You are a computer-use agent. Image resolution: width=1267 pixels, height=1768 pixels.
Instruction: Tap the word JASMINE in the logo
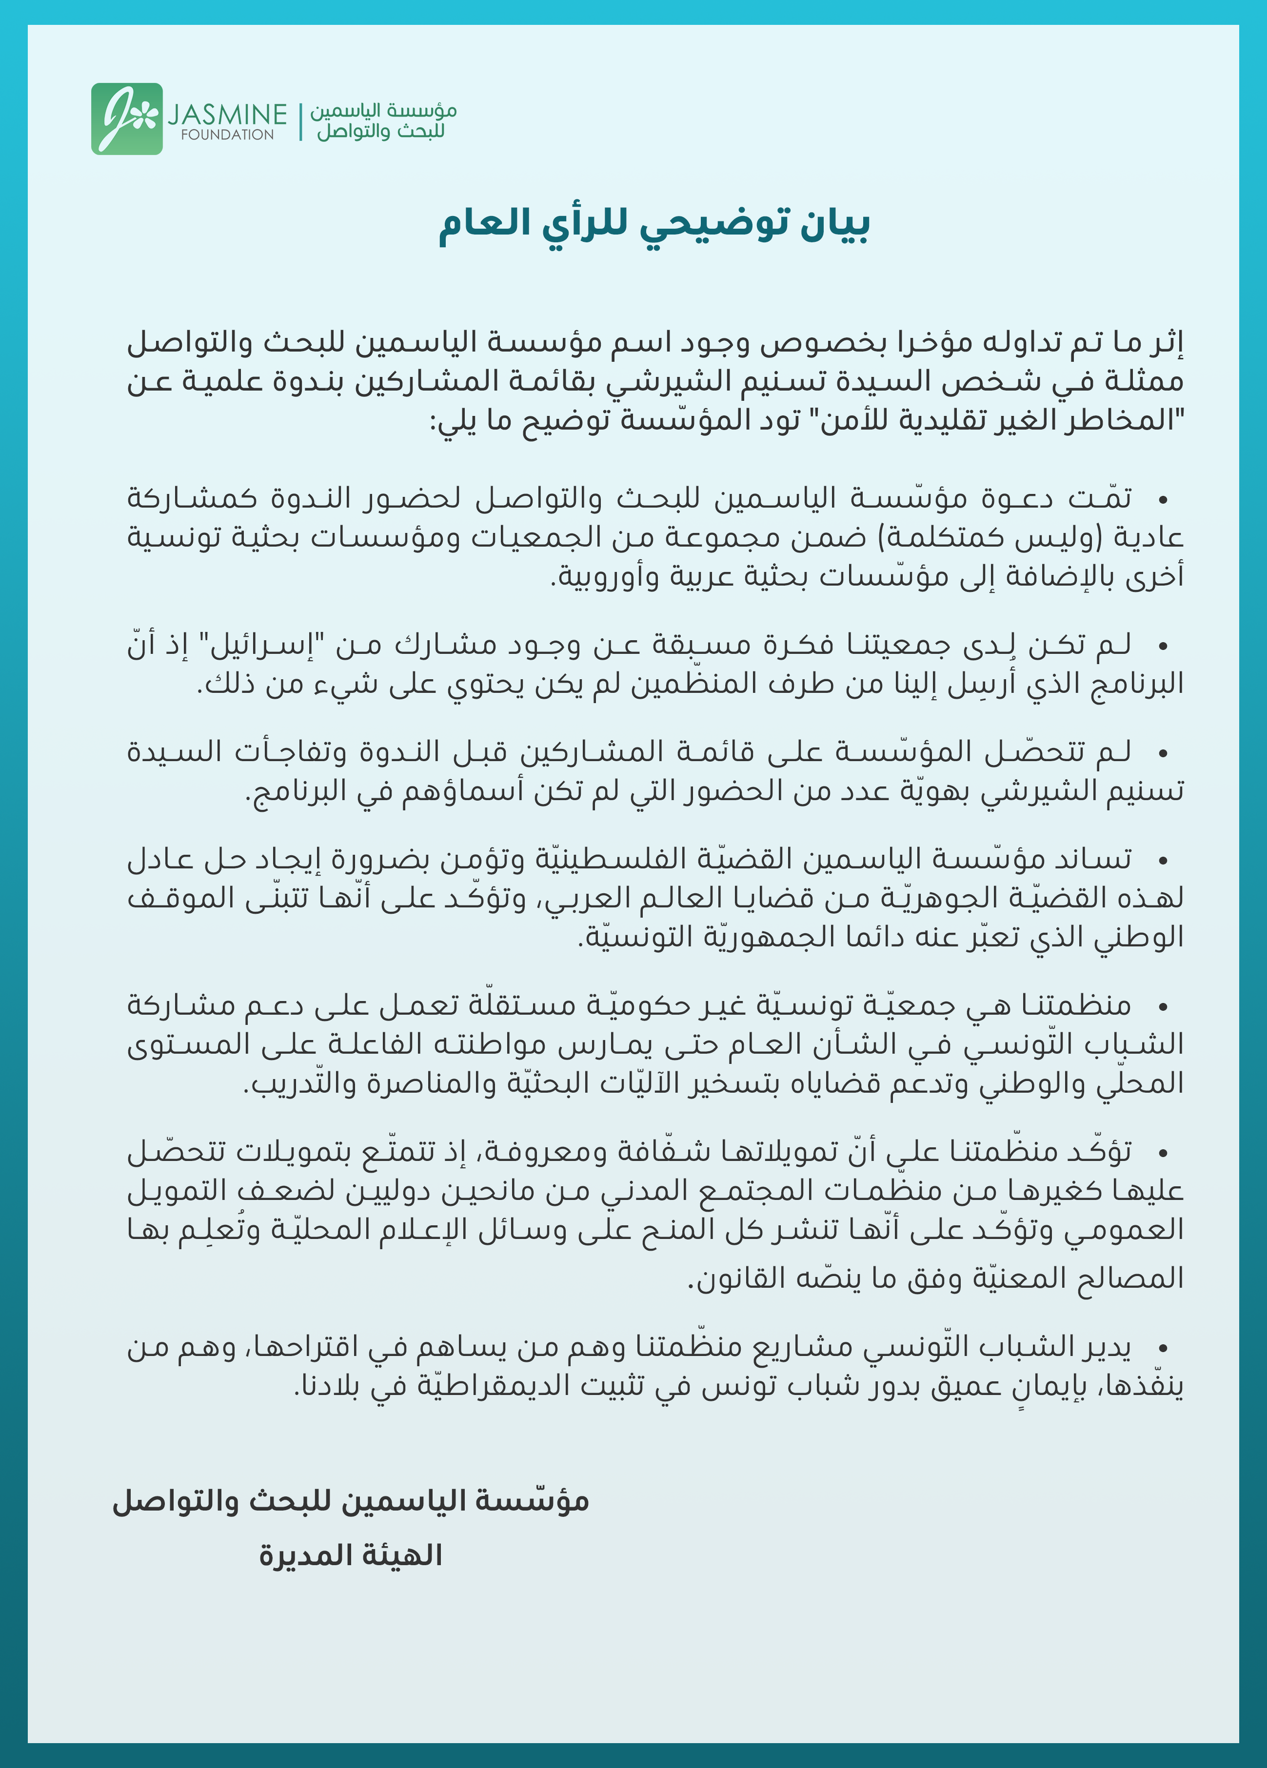tap(227, 115)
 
